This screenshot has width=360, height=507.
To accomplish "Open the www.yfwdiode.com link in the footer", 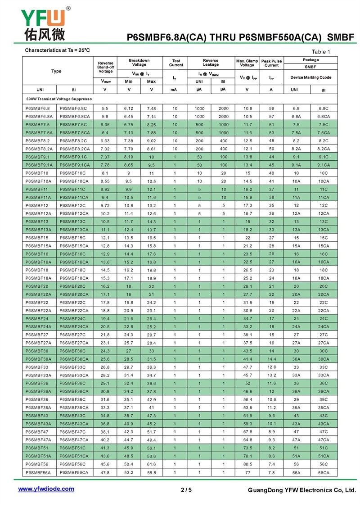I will click(x=46, y=489).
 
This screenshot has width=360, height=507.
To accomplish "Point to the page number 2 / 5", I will click(x=186, y=490).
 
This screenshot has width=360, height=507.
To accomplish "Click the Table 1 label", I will click(x=321, y=52).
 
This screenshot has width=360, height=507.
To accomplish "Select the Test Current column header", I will click(x=176, y=63).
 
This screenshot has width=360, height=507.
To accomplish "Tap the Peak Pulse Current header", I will click(x=271, y=63).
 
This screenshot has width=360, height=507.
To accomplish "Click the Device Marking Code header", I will click(x=310, y=77).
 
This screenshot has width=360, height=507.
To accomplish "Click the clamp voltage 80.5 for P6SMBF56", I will click(x=247, y=464).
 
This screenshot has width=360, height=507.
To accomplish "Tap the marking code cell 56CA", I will click(x=323, y=472).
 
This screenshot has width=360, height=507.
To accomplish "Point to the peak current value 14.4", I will click(x=271, y=359).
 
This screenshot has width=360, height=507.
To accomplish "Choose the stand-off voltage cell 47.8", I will click(x=105, y=472).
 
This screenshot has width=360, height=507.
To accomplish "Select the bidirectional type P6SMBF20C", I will click(x=72, y=286).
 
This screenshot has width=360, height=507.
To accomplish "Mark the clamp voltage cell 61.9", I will click(x=247, y=416).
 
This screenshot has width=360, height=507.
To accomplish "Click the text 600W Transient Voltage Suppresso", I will click(x=58, y=99).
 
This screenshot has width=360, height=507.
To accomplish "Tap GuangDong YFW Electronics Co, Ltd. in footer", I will click(x=301, y=490).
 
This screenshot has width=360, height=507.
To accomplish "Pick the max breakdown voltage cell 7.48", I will click(x=151, y=109).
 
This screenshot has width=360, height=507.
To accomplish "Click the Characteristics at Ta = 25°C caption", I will click(x=57, y=50).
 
